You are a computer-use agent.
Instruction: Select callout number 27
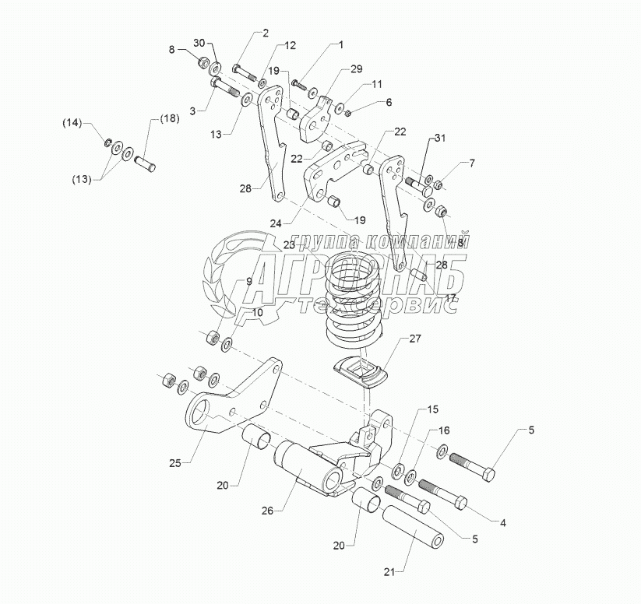pos(414,339)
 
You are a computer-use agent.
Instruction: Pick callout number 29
pos(356,69)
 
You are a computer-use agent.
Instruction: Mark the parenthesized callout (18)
pos(169,118)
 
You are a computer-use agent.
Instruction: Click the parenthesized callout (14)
pos(72,123)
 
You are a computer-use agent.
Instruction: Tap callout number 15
pos(432,409)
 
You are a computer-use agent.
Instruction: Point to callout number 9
pos(248,281)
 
